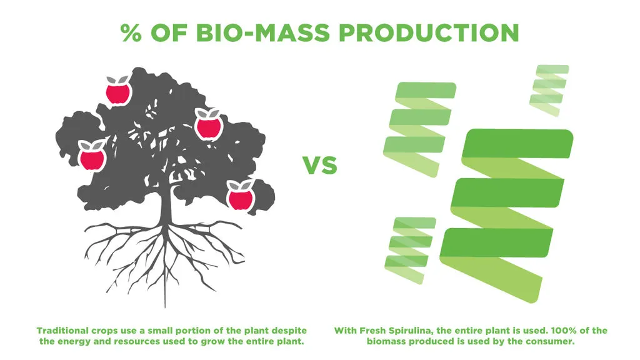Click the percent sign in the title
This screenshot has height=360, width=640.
click(x=131, y=32)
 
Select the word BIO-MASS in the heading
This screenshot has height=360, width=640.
click(x=262, y=32)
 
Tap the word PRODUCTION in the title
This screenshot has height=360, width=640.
click(x=429, y=32)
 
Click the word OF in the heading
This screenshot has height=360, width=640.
click(x=168, y=32)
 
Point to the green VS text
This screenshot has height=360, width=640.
click(x=320, y=165)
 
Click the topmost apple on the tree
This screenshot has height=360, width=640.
click(x=118, y=90)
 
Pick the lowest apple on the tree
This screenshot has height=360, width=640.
click(x=241, y=196)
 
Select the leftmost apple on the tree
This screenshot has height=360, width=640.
click(x=92, y=156)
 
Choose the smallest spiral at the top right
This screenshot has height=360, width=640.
click(x=549, y=90)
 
